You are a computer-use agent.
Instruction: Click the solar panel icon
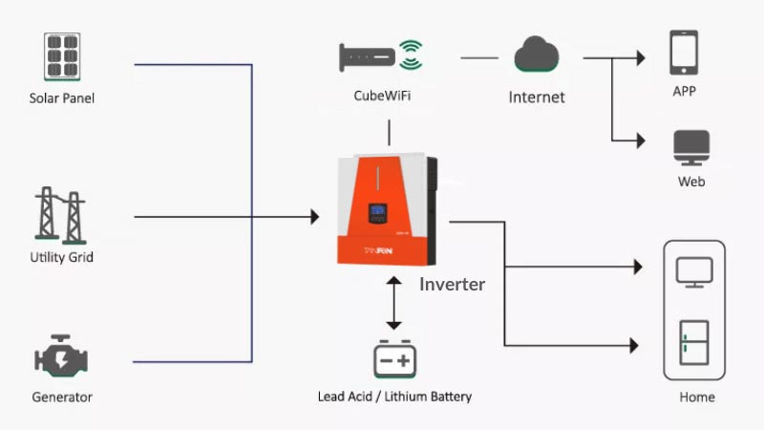point(62,56)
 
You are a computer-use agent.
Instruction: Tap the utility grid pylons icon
point(60,215)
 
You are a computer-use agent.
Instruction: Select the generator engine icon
point(61,355)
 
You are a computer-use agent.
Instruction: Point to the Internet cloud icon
point(537,54)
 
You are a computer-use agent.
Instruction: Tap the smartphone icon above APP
point(684,53)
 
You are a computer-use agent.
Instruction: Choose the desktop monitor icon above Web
point(691,148)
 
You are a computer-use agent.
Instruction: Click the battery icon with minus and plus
point(394,359)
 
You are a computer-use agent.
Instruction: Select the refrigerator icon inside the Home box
point(694,343)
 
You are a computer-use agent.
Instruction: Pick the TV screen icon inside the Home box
point(694,272)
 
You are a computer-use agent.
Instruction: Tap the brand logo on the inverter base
point(377,250)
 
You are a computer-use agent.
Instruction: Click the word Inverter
point(452,284)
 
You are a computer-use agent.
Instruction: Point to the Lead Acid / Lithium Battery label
point(394,397)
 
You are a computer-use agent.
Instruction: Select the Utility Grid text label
point(61,257)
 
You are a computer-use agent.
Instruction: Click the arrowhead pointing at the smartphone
point(641,58)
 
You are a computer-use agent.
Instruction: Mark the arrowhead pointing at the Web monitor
point(641,140)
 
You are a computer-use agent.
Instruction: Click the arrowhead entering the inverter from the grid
point(315,217)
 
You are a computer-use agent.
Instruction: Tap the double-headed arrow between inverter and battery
point(393,303)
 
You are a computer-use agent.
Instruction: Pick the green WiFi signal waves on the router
point(411,54)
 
